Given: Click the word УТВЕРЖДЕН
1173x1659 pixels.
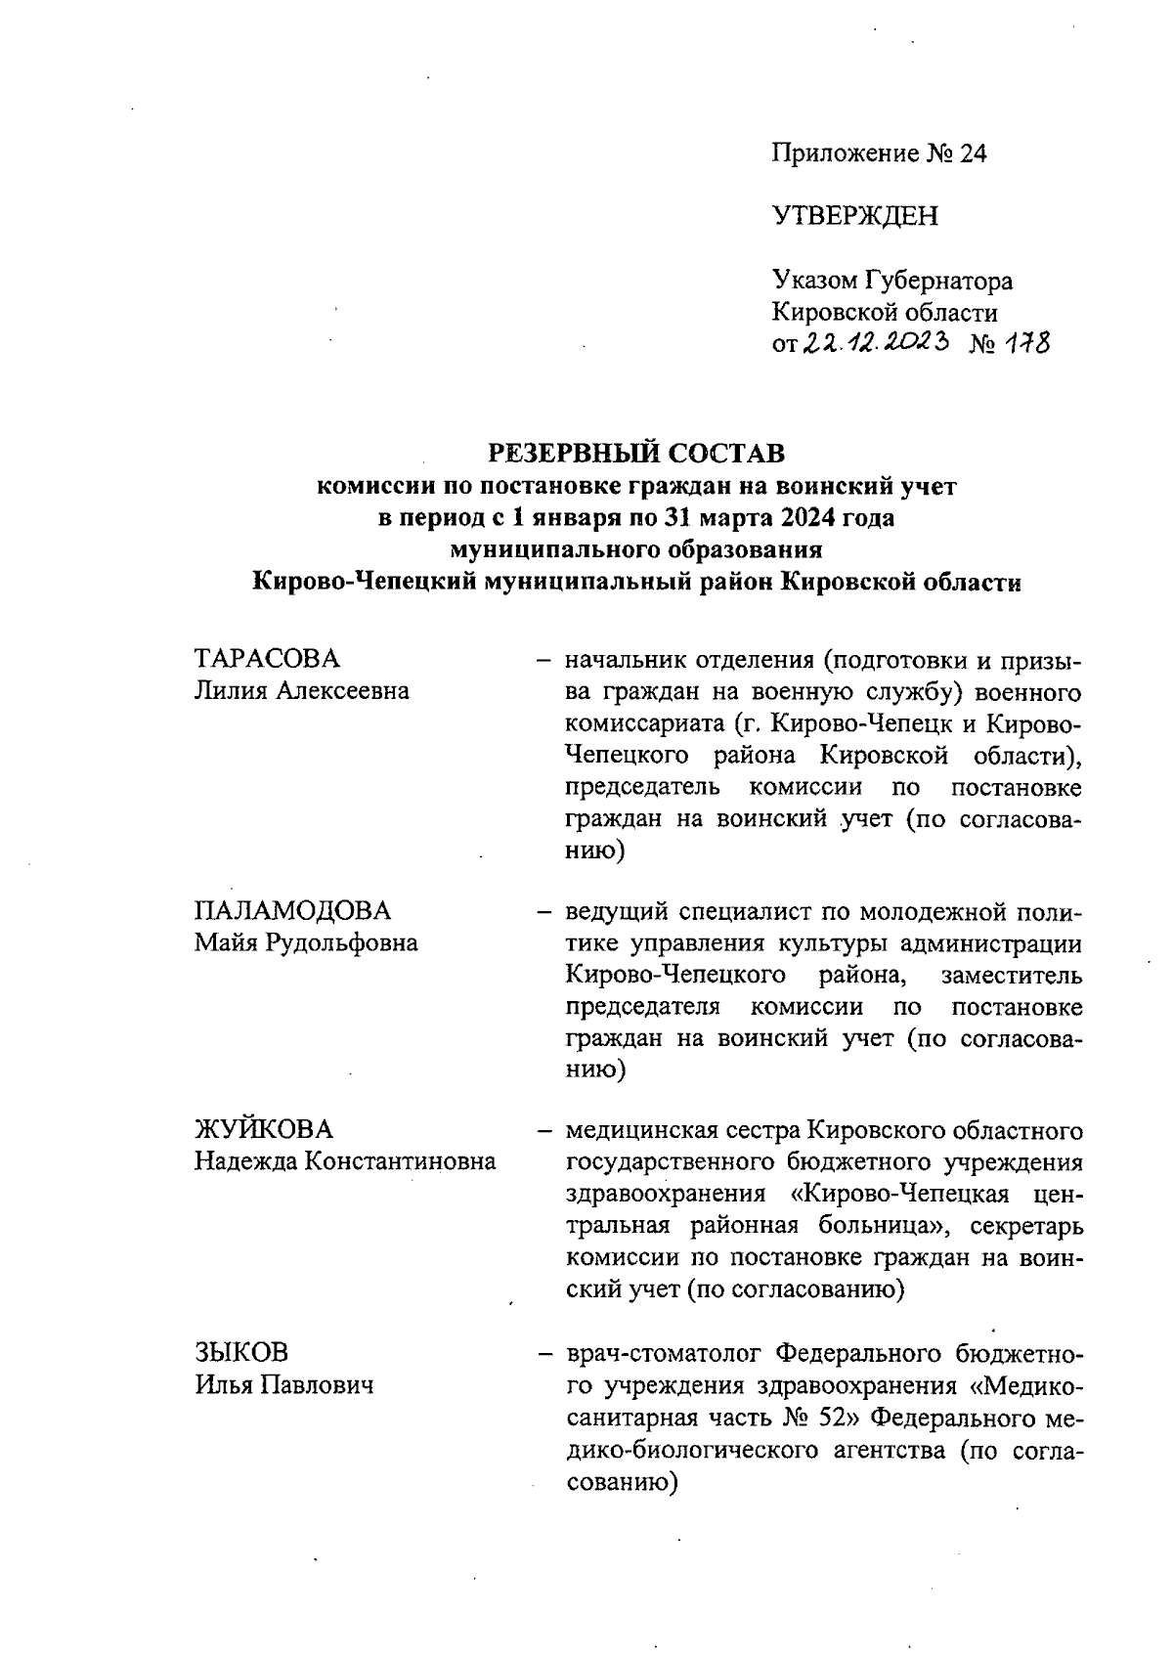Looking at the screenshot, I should (854, 216).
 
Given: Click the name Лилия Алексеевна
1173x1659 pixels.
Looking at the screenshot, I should (301, 691).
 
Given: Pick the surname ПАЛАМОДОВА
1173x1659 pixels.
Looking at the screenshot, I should (292, 910).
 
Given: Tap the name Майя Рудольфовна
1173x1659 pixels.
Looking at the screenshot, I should (306, 942).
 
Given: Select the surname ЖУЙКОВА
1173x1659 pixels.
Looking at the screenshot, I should (263, 1129).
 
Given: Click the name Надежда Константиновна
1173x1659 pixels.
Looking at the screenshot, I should (344, 1161).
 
